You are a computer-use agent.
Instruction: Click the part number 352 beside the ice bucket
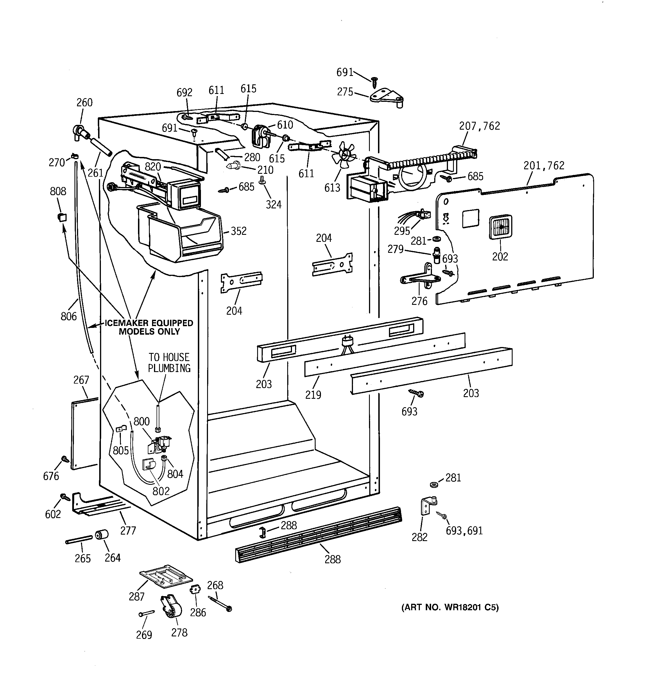tap(238, 231)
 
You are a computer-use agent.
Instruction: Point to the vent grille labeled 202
tap(501, 227)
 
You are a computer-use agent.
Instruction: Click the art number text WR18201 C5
tap(450, 607)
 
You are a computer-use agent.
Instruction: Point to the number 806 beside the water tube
tap(69, 316)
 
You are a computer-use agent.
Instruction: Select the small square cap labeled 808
tap(62, 217)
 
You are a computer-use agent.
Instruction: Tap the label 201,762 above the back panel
tap(544, 165)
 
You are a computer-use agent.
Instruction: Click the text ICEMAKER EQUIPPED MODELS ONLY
tap(149, 327)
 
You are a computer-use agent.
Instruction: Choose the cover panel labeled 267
tap(84, 434)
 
